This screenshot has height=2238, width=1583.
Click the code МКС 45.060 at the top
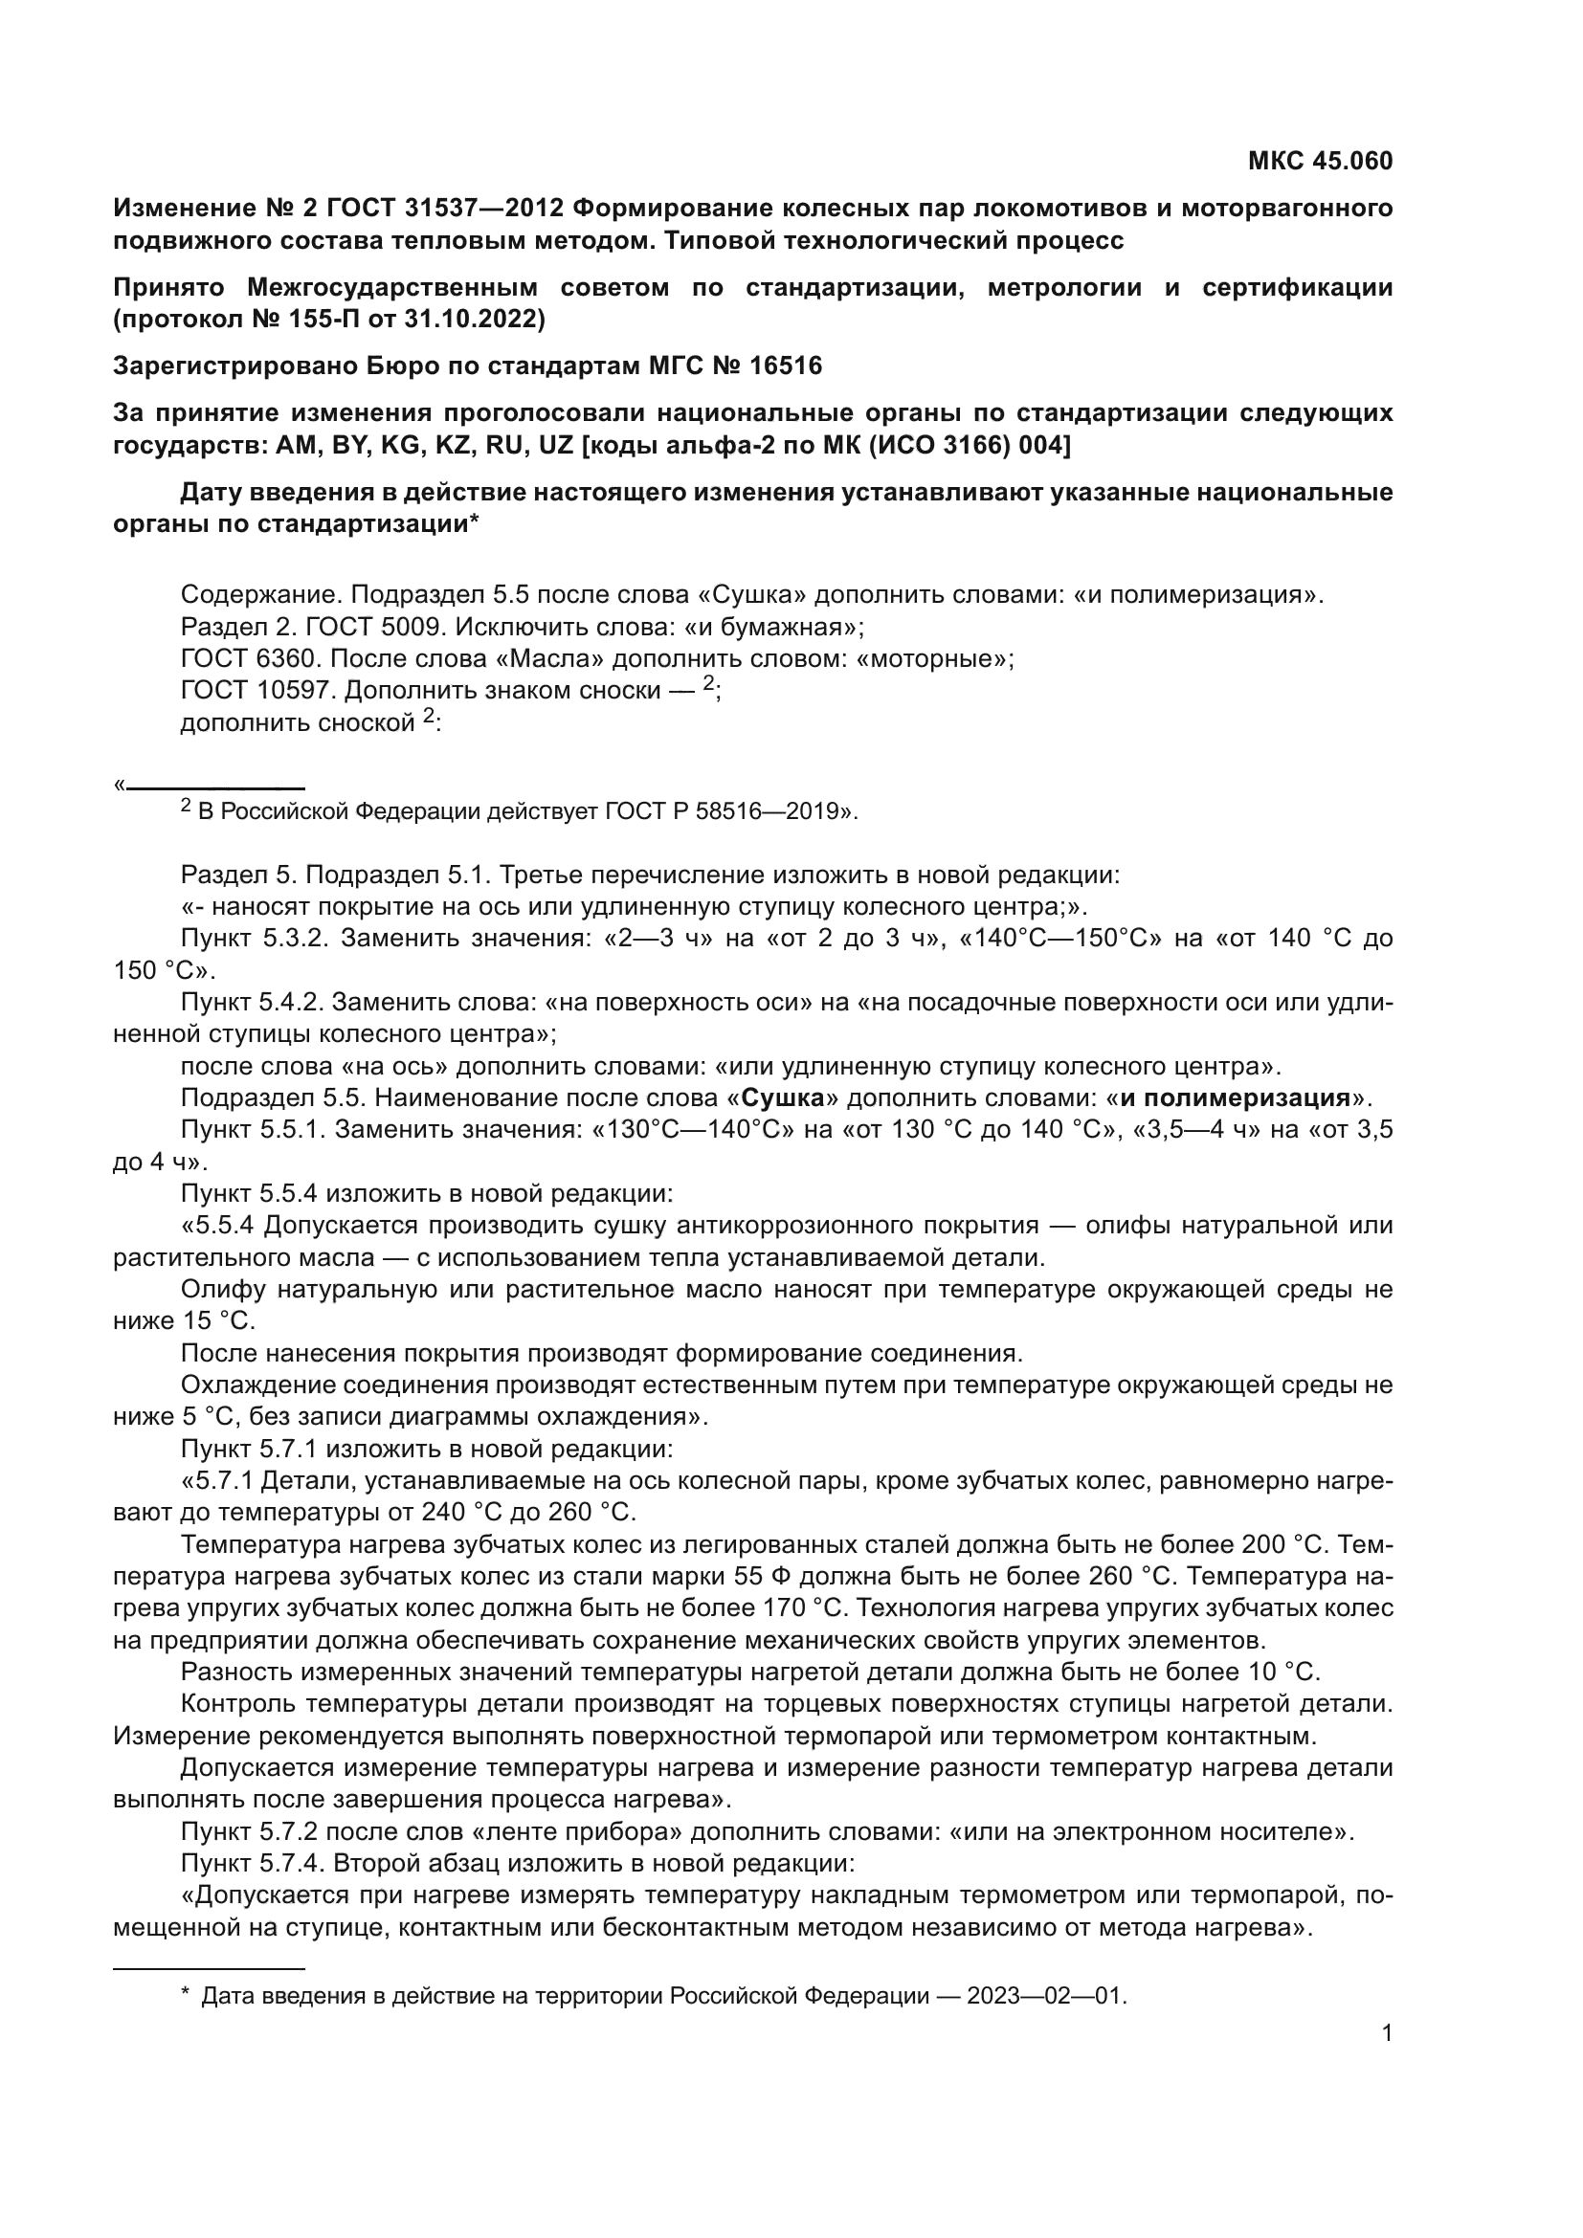tap(1320, 161)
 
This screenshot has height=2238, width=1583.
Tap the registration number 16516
tap(786, 366)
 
